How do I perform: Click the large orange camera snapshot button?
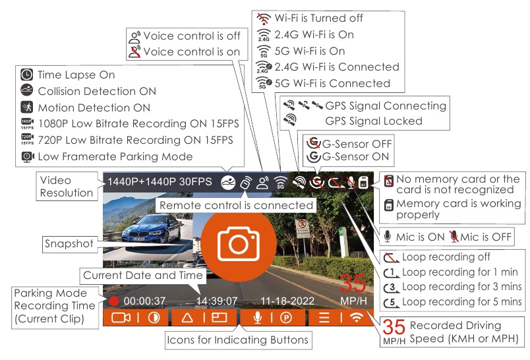(239, 243)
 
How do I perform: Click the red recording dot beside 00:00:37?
(114, 301)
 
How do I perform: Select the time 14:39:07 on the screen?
(217, 301)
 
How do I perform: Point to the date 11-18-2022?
(287, 301)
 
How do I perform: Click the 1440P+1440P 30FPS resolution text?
(160, 182)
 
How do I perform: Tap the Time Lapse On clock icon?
(27, 75)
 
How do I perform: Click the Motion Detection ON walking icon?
(27, 107)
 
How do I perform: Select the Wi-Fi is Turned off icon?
(264, 18)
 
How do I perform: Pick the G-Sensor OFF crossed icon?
(314, 144)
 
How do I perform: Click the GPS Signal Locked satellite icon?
(289, 120)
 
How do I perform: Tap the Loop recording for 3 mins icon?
(392, 287)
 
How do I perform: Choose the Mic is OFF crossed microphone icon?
(454, 237)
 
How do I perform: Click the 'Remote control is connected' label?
(236, 205)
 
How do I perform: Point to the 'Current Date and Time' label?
(142, 275)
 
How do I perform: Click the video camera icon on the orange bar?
(121, 318)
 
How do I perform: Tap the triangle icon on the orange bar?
(187, 318)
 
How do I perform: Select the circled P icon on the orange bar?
(286, 318)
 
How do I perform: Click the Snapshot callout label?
(69, 243)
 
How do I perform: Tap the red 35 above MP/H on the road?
(353, 284)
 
